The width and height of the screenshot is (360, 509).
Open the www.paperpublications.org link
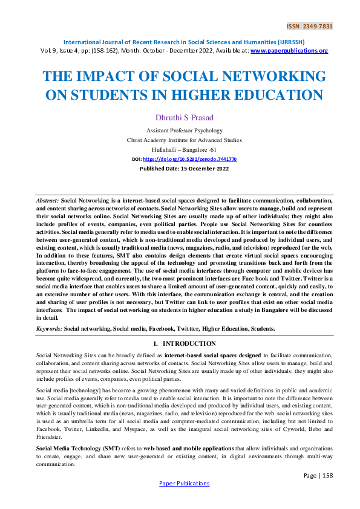[x=289, y=51]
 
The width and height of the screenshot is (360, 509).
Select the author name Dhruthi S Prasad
[x=180, y=118]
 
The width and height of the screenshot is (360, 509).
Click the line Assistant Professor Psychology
[x=180, y=131]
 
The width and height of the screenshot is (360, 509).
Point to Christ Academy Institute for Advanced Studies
[x=180, y=139]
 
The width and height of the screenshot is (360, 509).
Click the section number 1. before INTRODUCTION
[x=156, y=343]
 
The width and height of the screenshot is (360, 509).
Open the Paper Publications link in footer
[x=184, y=483]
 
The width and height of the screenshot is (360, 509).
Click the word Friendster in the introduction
[x=49, y=435]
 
